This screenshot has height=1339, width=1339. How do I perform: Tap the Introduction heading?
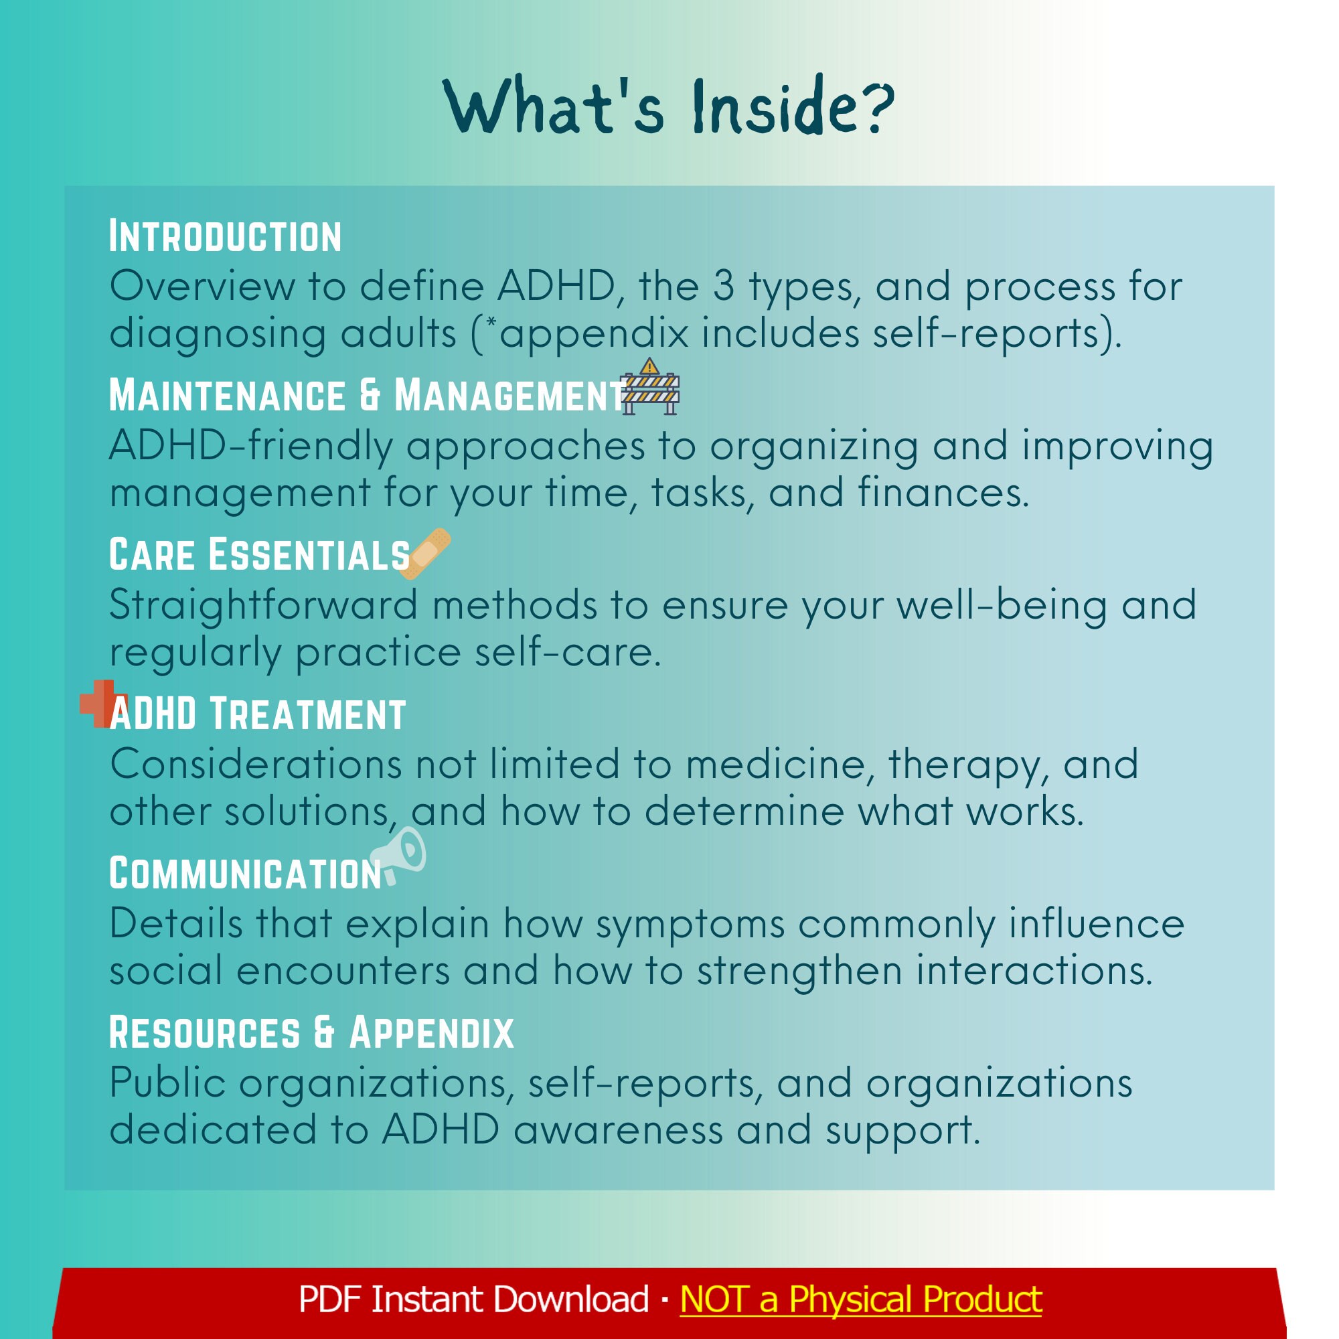click(x=225, y=237)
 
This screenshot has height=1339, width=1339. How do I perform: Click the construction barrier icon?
click(x=650, y=388)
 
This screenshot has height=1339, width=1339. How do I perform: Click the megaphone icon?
click(x=400, y=856)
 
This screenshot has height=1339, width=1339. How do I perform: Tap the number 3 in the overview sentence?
click(x=723, y=287)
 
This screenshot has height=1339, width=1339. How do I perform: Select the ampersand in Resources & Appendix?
click(x=324, y=1032)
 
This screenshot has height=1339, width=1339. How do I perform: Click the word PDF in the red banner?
click(x=329, y=1299)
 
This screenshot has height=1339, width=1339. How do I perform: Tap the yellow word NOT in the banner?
click(x=714, y=1299)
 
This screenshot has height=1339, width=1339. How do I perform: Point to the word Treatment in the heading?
click(x=307, y=714)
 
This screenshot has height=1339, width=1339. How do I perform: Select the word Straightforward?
click(x=263, y=605)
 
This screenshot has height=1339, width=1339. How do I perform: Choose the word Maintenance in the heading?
click(x=228, y=396)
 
